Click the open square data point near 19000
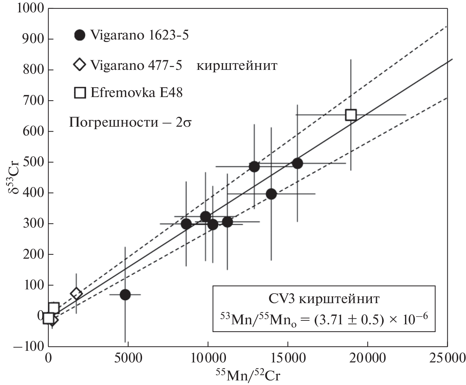[351, 115]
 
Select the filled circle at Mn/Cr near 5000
[125, 295]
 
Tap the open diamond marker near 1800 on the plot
[76, 294]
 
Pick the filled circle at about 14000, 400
[271, 194]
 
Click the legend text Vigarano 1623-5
[139, 35]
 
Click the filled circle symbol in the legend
[80, 35]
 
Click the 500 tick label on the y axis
[34, 162]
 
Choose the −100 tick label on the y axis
[29, 346]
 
